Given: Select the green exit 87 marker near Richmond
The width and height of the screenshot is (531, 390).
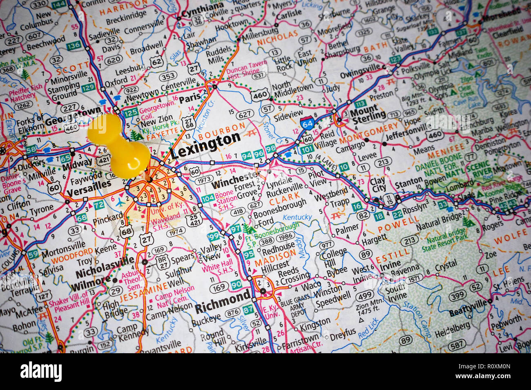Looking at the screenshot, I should (248, 310).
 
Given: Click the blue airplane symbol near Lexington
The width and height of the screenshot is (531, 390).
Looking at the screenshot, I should (120, 202).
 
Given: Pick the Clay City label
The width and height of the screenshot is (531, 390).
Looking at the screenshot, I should (378, 185).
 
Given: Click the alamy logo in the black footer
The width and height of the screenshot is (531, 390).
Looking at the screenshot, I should (41, 372).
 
